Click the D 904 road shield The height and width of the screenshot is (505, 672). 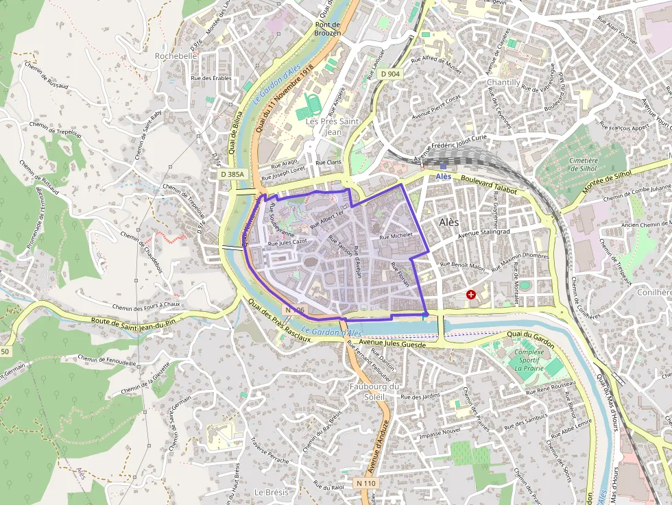click(390, 73)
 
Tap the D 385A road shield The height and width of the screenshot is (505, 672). click(233, 175)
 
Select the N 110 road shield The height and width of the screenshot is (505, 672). click(366, 483)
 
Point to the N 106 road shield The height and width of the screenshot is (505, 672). click(293, 310)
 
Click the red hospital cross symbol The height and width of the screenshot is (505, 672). click(471, 295)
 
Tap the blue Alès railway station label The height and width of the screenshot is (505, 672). click(444, 176)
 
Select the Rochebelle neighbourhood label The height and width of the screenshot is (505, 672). click(176, 56)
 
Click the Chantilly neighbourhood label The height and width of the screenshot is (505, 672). click(503, 82)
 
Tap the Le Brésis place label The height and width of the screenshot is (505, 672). click(269, 492)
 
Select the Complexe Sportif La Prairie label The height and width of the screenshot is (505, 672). click(529, 360)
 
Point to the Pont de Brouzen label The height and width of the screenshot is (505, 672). click(328, 28)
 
